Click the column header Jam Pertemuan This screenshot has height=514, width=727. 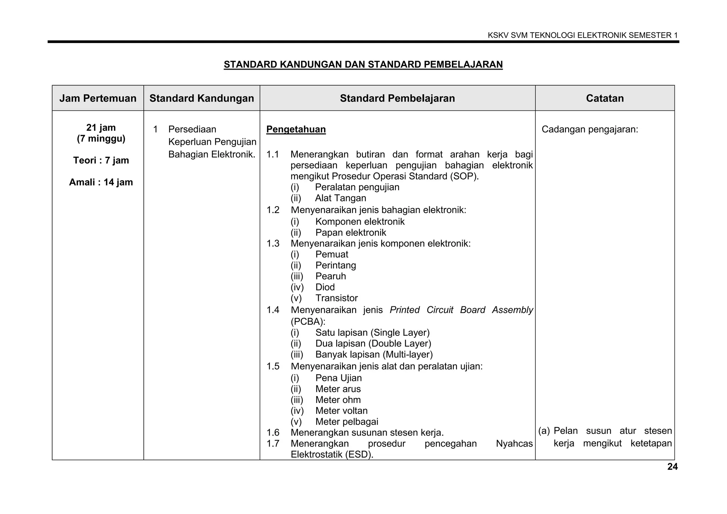[98, 98]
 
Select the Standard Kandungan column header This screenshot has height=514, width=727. [202, 98]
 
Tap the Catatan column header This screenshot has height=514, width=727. [605, 98]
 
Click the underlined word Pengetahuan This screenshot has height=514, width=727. [296, 129]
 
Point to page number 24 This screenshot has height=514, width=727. [672, 467]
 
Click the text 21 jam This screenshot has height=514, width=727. [101, 127]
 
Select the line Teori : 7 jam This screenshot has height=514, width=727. [101, 160]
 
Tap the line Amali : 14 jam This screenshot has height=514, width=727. [101, 182]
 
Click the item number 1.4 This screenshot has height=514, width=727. [273, 310]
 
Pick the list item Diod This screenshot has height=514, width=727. [325, 287]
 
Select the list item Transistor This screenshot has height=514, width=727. [336, 298]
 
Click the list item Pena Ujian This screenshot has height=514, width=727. [338, 378]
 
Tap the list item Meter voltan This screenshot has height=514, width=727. [341, 411]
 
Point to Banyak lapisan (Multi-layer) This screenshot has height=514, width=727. [374, 355]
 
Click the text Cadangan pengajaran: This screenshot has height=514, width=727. [590, 129]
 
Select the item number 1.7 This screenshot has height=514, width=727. [273, 443]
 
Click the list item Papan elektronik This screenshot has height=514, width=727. [350, 233]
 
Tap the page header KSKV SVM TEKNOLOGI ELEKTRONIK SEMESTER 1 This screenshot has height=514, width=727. [583, 35]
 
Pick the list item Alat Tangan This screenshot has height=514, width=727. [340, 198]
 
